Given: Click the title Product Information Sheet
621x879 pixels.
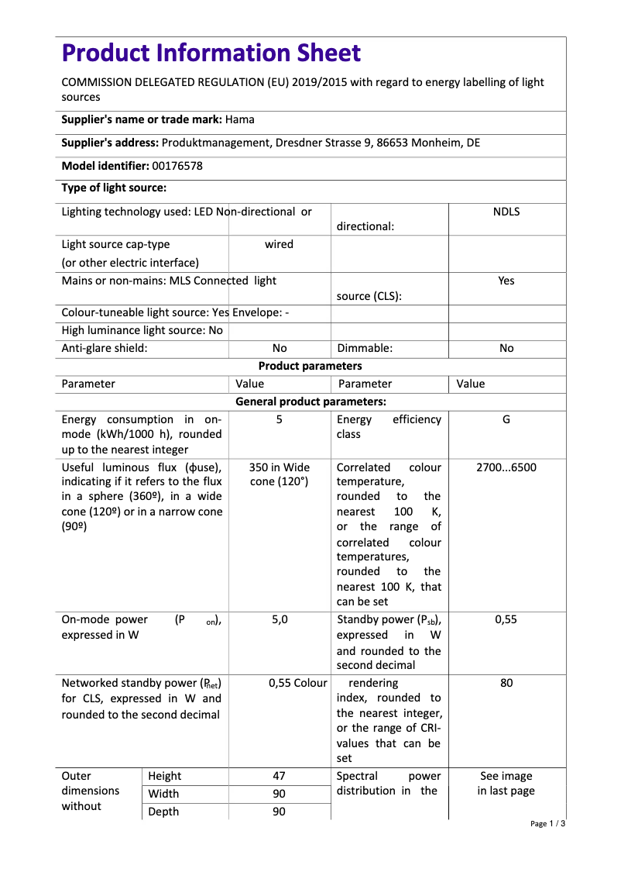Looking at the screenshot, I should [211, 53].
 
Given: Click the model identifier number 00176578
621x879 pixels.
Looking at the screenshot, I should [177, 165].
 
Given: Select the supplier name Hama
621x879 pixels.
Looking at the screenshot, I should [240, 119].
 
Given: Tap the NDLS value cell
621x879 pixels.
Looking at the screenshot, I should [506, 212].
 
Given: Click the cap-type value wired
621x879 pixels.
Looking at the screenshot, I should [279, 244].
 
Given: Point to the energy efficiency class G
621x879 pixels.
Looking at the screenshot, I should [506, 419].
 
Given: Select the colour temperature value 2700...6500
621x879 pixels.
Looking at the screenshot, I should [506, 467].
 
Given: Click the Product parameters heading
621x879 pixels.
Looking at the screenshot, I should [310, 366].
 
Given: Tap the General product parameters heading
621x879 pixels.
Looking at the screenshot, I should [310, 402].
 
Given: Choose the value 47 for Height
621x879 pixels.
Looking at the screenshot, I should [279, 776].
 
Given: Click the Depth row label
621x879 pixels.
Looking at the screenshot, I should [163, 812].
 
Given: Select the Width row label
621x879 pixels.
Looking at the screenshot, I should [163, 794].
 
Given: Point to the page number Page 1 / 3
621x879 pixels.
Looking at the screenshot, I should [547, 824].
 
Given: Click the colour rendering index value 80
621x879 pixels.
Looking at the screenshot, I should [506, 684].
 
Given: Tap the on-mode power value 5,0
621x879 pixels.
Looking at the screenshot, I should [279, 619].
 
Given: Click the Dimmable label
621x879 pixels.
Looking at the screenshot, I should [364, 348].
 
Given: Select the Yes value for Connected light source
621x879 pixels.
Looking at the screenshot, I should [506, 281].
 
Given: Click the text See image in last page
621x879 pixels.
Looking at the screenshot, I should [506, 784].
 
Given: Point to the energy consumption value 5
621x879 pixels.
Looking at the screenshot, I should [279, 419].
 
